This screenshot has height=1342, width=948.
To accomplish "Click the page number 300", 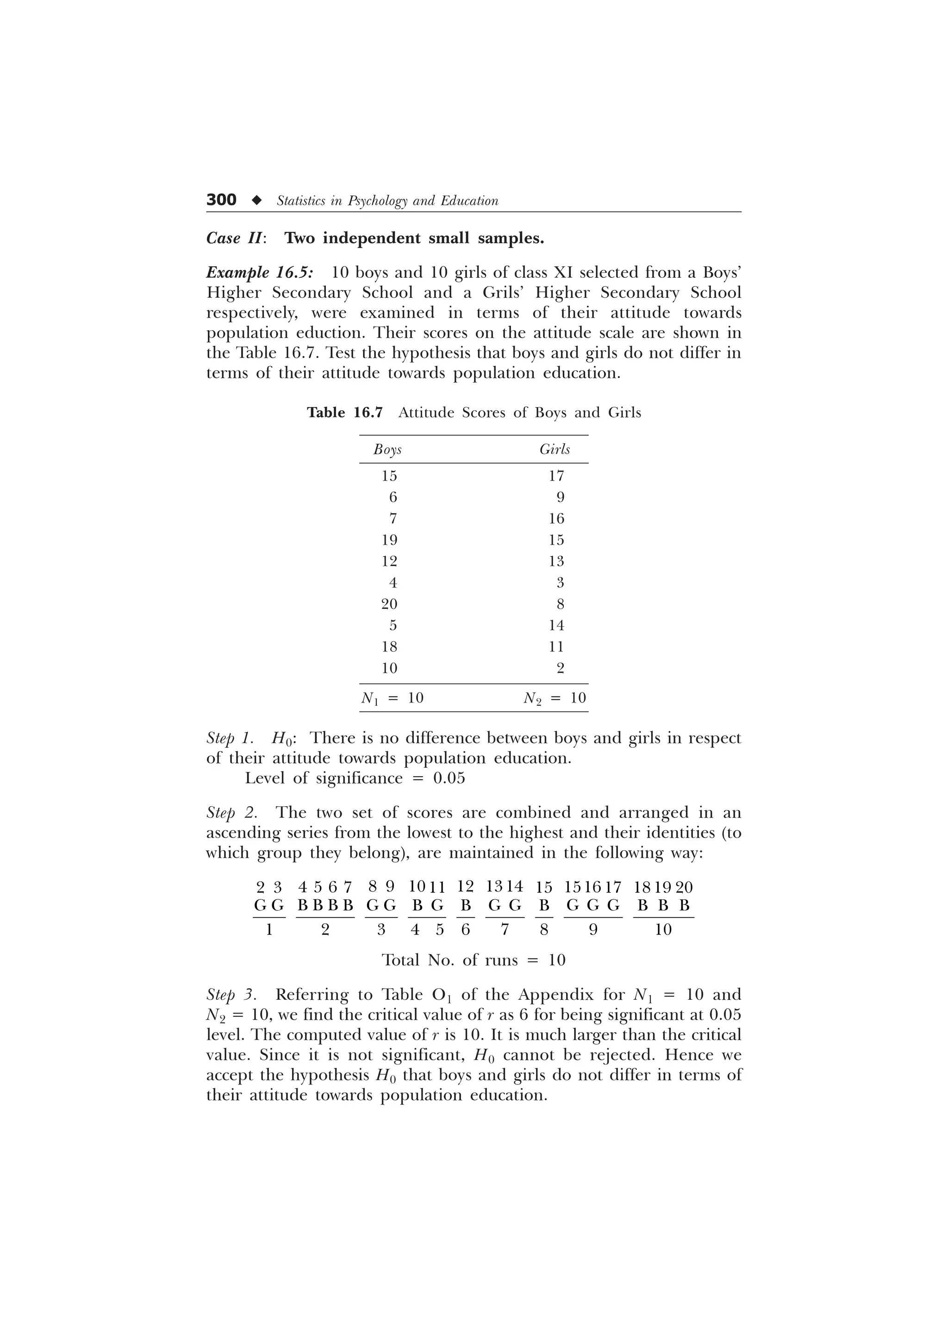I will pyautogui.click(x=221, y=200).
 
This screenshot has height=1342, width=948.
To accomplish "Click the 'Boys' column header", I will pyautogui.click(x=387, y=450).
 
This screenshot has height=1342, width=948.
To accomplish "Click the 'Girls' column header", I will pyautogui.click(x=555, y=450).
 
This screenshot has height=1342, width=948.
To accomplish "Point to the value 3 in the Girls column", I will pyautogui.click(x=560, y=583).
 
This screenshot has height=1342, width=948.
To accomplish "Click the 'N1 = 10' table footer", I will pyautogui.click(x=393, y=698).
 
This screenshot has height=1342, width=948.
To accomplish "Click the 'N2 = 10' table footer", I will pyautogui.click(x=555, y=698).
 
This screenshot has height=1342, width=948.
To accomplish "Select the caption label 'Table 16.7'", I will pyautogui.click(x=344, y=413).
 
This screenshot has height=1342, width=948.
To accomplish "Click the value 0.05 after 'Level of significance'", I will pyautogui.click(x=449, y=778).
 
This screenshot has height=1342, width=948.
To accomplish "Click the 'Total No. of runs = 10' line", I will pyautogui.click(x=473, y=960).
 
